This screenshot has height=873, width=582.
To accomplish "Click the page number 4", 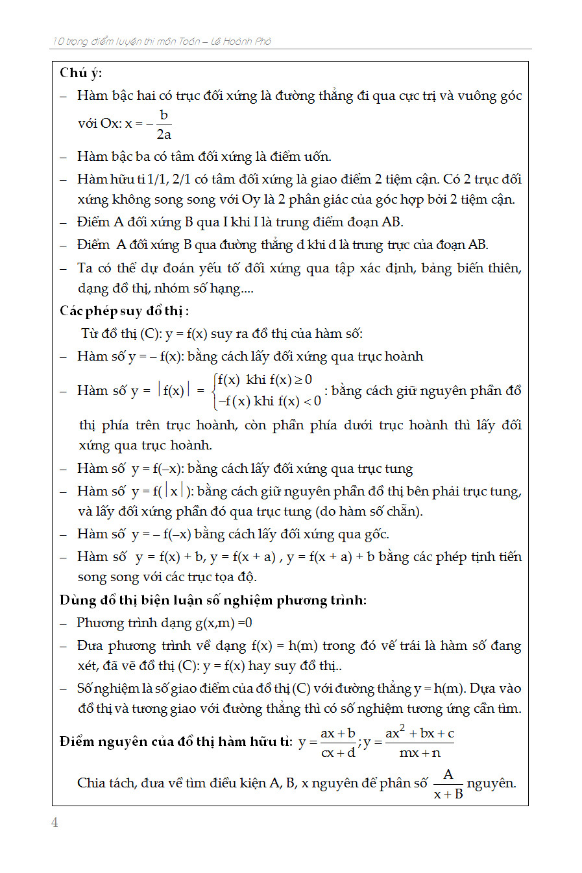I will click(55, 822).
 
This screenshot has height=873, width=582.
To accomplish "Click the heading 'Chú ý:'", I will click(80, 73).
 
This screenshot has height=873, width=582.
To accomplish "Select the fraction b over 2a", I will click(164, 125).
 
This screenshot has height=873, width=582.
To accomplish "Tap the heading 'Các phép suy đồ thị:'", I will click(124, 311).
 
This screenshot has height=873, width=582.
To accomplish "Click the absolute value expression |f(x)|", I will click(174, 390).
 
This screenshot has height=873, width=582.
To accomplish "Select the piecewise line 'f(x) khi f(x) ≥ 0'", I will click(265, 379).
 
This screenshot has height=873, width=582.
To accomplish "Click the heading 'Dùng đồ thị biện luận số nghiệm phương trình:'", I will click(213, 600).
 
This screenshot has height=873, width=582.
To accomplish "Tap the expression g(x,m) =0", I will click(224, 623).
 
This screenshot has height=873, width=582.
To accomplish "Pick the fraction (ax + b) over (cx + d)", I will click(337, 743).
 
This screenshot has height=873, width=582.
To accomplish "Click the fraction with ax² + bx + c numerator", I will click(419, 743).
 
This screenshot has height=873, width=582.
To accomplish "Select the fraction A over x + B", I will click(448, 784).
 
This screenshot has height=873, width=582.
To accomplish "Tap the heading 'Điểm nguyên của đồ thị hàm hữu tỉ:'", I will click(176, 741).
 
